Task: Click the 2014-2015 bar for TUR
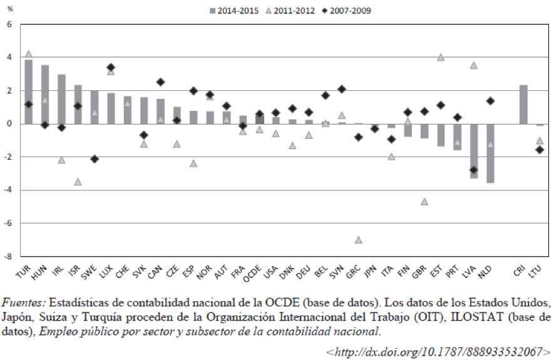click(29, 91)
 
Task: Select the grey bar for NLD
click(490, 153)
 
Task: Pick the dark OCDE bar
click(259, 119)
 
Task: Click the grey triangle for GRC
click(358, 240)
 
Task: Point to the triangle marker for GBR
click(424, 202)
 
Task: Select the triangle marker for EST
click(441, 57)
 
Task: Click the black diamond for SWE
click(94, 159)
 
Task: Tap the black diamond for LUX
click(111, 67)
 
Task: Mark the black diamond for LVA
click(474, 170)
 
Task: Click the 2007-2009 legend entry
click(351, 10)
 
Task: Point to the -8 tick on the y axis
click(9, 256)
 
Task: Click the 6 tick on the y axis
click(9, 24)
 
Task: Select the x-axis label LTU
click(536, 271)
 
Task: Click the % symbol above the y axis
click(9, 9)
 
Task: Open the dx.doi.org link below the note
click(438, 351)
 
